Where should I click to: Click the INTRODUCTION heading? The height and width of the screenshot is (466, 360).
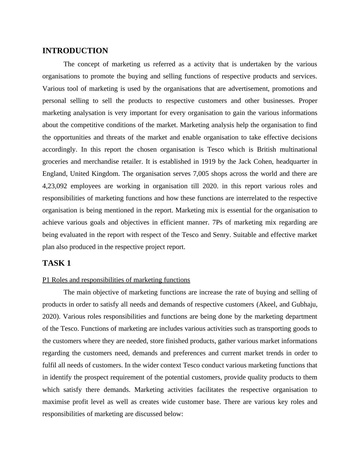click(75, 51)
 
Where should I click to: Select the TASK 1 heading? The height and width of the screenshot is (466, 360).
click(57, 263)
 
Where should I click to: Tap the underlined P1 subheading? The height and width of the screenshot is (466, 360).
click(116, 280)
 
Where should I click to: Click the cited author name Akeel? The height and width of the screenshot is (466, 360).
click(267, 304)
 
